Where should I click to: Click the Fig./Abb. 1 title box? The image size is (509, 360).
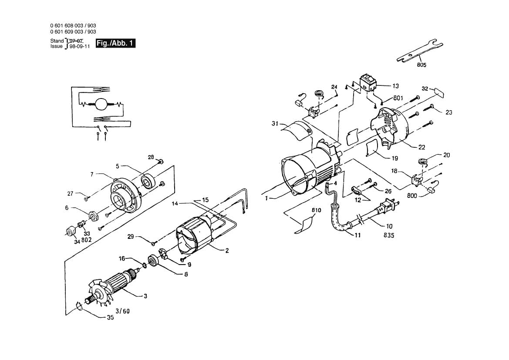coord(115,43)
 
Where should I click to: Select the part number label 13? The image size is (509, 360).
coord(395,86)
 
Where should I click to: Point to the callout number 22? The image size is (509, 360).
coord(421,147)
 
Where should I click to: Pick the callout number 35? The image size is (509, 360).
coord(110,318)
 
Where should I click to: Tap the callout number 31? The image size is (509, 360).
coord(274,123)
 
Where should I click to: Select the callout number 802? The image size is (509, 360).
coord(86,240)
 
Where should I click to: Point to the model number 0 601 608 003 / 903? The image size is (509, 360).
coord(73,26)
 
